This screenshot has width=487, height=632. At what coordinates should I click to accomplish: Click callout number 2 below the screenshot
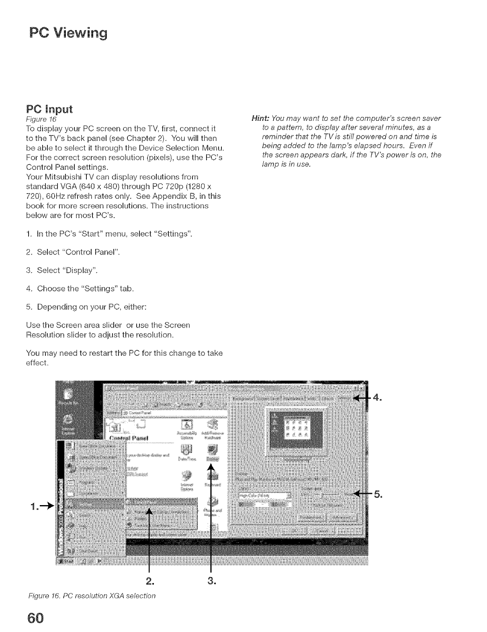point(149,581)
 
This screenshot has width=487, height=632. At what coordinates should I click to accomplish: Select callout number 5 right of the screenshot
point(378,494)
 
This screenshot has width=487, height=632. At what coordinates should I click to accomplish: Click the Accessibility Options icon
point(187,427)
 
